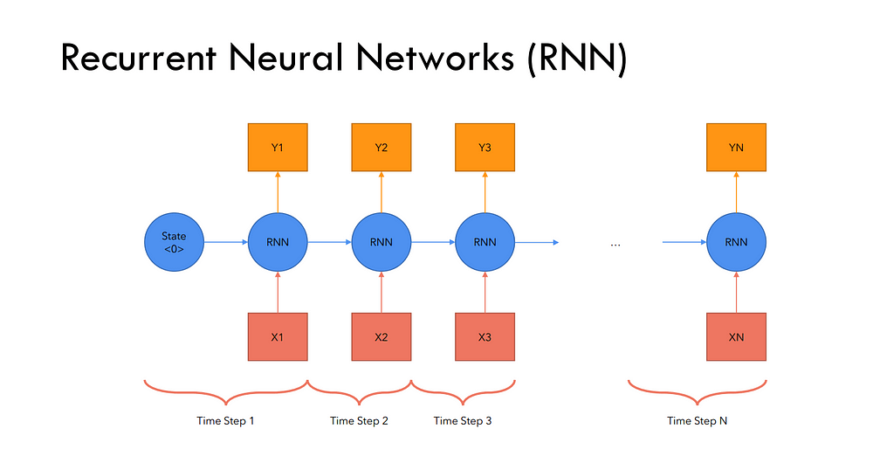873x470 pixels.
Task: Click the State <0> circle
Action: (174, 242)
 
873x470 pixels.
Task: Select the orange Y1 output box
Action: (278, 148)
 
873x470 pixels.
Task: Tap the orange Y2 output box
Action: (382, 148)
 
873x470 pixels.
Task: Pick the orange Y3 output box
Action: (485, 148)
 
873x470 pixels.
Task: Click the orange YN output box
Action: (736, 148)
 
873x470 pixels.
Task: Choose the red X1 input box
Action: (278, 336)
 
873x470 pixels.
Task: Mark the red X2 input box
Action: (382, 336)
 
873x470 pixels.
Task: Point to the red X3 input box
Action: (485, 336)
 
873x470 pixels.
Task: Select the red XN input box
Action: (736, 336)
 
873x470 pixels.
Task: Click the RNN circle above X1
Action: (278, 242)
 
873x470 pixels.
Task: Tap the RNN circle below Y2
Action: (382, 242)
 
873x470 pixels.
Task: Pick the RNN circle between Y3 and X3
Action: (485, 242)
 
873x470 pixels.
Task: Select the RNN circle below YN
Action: (736, 242)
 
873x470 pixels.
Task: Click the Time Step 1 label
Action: (225, 421)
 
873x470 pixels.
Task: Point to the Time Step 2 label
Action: (359, 421)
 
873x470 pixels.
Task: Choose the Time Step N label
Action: (697, 421)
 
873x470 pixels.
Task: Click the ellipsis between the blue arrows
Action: (615, 245)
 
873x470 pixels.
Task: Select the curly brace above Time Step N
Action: (697, 391)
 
